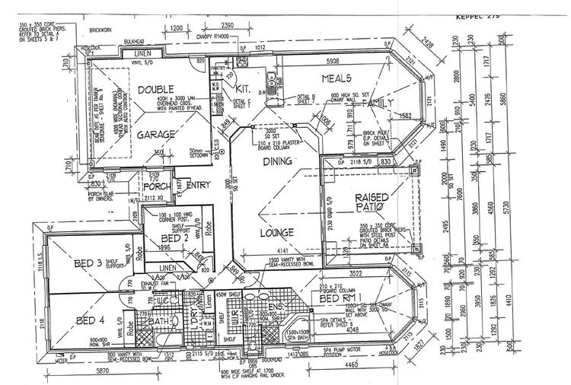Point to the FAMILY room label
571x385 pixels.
(378, 103)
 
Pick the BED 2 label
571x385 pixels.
(173, 238)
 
